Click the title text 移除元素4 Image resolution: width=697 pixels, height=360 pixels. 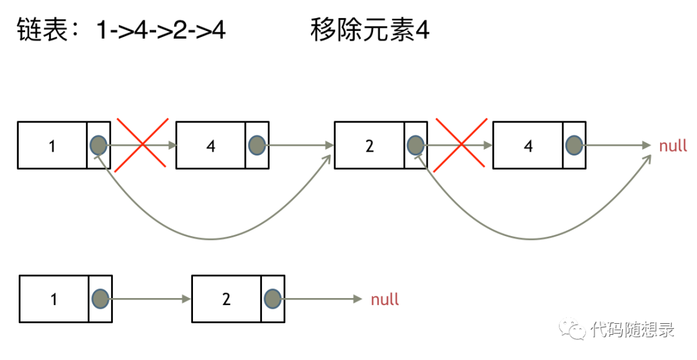[x=370, y=30]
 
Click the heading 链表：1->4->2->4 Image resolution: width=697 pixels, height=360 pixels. [x=121, y=30]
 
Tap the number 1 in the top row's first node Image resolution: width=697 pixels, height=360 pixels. [x=52, y=146]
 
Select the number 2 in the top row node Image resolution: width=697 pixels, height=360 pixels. [x=369, y=146]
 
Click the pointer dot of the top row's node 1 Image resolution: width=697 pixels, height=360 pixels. [x=98, y=145]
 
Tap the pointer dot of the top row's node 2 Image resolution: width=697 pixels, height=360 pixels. [x=415, y=145]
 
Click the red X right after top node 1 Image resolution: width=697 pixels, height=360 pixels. [x=140, y=145]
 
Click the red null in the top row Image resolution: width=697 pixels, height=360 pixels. [x=672, y=146]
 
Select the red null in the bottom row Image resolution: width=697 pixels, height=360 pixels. [x=385, y=299]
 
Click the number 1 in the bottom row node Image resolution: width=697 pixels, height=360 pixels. [x=54, y=299]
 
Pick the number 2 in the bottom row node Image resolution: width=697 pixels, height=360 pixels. [x=226, y=299]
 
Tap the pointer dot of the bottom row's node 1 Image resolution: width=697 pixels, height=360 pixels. [x=100, y=299]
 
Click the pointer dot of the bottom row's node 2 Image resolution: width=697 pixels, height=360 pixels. [x=272, y=299]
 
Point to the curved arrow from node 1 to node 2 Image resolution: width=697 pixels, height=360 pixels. [x=213, y=239]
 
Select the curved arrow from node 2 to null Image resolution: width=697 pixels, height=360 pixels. [x=532, y=239]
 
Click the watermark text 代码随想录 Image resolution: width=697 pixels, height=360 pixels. [x=632, y=331]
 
